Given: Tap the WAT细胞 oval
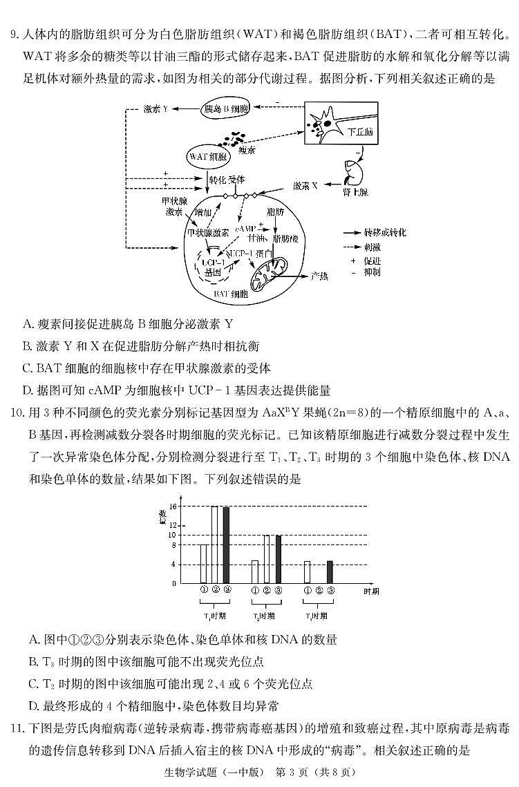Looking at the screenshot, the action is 208,158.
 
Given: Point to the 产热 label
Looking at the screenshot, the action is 319,276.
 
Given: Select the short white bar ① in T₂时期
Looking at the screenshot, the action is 255,571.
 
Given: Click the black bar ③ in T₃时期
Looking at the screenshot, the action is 330,571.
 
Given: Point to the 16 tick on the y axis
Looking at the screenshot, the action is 173,506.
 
